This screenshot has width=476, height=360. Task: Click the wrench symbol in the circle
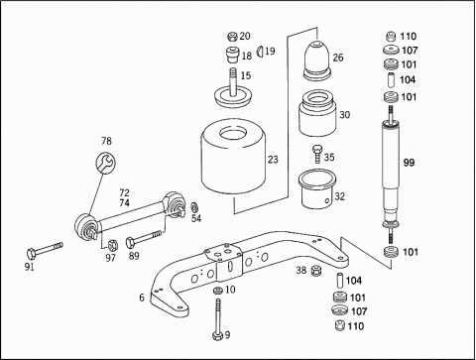[x=106, y=163]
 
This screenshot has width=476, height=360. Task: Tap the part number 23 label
[x=273, y=160]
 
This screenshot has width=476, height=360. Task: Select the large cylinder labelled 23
[x=234, y=157]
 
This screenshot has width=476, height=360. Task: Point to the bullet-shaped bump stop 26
[x=317, y=60]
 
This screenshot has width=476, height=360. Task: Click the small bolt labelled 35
[x=316, y=154]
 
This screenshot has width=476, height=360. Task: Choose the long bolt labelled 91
[x=45, y=250]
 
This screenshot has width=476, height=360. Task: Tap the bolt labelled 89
[x=144, y=239]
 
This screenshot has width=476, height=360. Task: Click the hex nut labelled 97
[x=112, y=245]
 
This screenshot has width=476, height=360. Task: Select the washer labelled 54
[x=194, y=207]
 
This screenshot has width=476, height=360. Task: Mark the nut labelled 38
[x=316, y=270]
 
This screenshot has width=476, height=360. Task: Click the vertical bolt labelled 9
[x=217, y=319]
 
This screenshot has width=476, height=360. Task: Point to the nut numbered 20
[x=233, y=36]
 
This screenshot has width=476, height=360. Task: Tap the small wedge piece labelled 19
[x=260, y=52]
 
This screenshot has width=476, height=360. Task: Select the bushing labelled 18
[x=233, y=55]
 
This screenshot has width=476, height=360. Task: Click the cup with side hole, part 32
[x=317, y=189]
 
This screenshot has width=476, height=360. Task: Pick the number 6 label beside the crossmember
[x=142, y=298]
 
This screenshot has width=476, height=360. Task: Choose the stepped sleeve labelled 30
[x=317, y=113]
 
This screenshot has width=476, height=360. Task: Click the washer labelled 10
[x=217, y=291]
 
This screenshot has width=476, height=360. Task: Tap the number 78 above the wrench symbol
[x=106, y=141]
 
